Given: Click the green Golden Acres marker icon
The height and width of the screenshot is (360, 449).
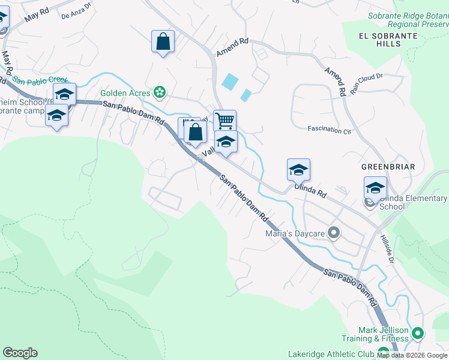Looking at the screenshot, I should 159,92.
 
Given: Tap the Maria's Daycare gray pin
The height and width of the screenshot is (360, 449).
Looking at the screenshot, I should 335,232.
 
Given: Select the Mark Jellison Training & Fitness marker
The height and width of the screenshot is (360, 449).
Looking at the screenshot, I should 418,332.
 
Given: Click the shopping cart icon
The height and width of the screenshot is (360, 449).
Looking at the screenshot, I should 224,120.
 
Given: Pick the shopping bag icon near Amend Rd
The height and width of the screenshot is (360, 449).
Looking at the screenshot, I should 163,41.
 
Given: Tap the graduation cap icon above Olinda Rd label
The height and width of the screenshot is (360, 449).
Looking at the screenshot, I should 298,170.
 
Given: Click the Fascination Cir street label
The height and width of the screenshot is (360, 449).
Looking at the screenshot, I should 329,129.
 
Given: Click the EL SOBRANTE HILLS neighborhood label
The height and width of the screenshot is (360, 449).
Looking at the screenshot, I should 387,41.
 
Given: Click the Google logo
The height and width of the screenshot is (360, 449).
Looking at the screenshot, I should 20,353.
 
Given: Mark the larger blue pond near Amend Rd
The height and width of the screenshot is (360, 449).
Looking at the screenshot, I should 229,82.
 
